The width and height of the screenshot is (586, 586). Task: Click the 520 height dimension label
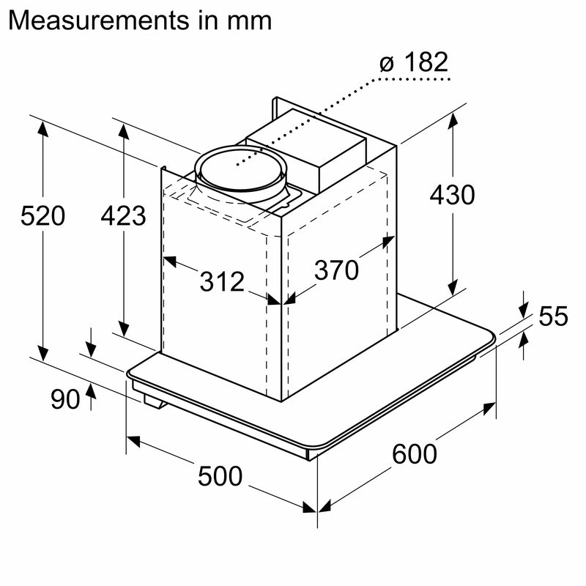coord(43,215)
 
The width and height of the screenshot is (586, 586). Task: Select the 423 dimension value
coord(123,215)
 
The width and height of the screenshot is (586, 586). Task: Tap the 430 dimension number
coord(452,195)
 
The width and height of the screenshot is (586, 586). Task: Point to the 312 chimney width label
coord(222,281)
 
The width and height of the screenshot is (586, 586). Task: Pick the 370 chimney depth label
coord(336,270)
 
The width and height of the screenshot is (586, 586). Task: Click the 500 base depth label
coord(220,476)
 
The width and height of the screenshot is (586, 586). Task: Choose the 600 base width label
coord(415,453)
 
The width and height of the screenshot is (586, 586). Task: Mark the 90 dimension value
coord(65,399)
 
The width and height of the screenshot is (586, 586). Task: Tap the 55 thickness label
coord(553,316)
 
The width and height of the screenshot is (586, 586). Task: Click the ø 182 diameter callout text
coord(414,62)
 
